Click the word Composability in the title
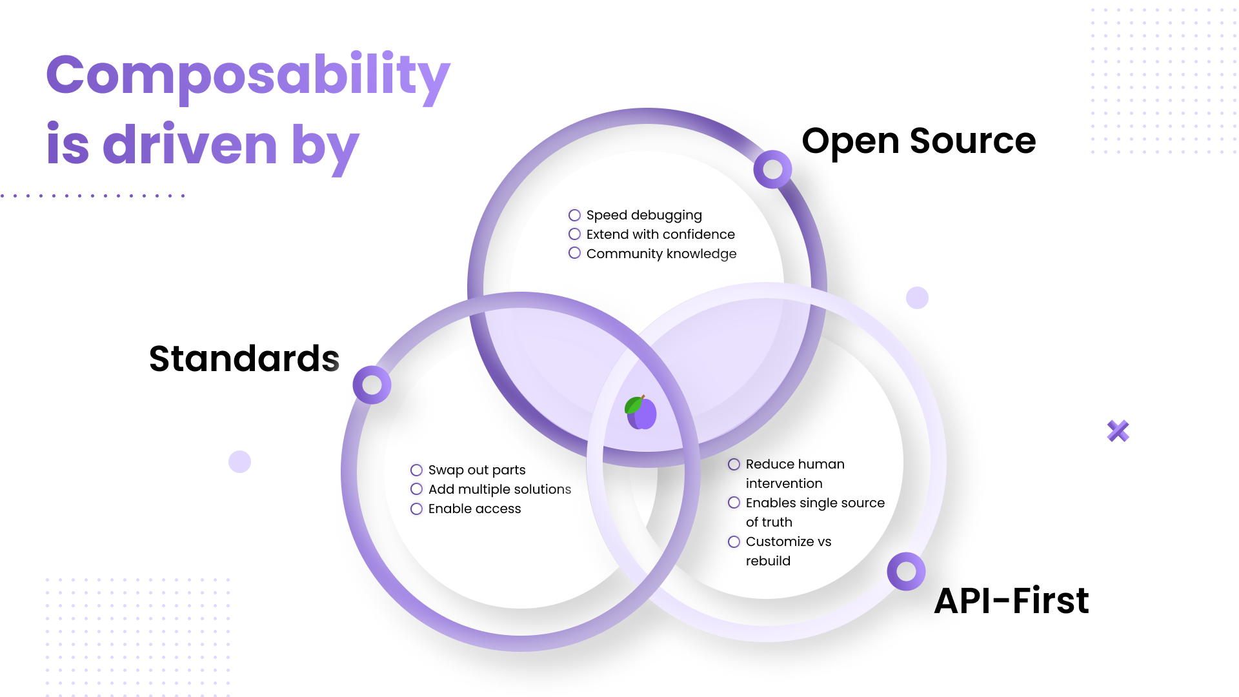tap(248, 76)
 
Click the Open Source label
tap(918, 141)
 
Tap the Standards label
tap(244, 359)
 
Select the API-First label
tap(1011, 600)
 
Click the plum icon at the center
tap(641, 412)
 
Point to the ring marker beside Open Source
tap(772, 169)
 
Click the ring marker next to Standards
tap(372, 385)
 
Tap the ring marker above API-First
tap(906, 571)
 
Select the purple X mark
tap(1118, 430)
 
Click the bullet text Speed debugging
tap(643, 215)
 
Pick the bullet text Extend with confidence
tap(660, 234)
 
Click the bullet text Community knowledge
tap(661, 254)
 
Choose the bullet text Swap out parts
tap(476, 470)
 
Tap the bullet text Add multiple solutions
tap(499, 489)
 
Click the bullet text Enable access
tap(474, 509)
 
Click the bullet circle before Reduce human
tap(734, 464)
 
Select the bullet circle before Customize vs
tap(734, 541)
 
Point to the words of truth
tap(769, 522)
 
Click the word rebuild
tap(768, 561)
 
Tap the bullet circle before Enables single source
tap(734, 503)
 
